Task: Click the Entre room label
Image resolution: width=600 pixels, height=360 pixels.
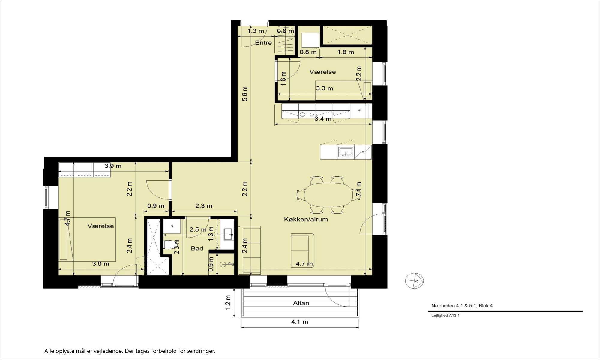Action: [263, 43]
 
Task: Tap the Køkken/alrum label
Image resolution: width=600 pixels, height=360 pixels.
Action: [306, 219]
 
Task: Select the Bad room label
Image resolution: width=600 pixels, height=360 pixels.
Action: [197, 248]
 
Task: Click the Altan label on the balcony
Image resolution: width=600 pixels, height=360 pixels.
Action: [301, 303]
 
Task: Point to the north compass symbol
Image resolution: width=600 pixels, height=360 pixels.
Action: [414, 281]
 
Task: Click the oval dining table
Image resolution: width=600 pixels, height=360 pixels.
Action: [329, 195]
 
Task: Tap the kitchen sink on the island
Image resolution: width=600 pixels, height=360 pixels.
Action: [346, 152]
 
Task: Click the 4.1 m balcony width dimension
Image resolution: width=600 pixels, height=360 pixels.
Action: [300, 322]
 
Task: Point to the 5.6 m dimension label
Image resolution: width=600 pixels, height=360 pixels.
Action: [245, 94]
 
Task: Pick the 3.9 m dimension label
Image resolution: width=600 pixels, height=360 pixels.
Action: [113, 166]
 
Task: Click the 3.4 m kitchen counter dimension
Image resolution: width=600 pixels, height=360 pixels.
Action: [323, 119]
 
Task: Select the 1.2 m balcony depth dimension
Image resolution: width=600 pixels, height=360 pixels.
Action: [228, 302]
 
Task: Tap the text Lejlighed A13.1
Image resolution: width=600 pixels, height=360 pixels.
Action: [445, 315]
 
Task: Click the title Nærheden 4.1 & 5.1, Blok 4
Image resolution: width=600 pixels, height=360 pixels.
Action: [462, 306]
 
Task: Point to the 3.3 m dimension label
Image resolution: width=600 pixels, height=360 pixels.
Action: [325, 88]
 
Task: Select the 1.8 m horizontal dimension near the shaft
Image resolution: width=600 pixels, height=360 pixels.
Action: [346, 52]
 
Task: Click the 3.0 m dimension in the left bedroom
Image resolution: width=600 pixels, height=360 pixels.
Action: [100, 264]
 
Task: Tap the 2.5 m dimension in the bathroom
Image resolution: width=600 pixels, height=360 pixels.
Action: [198, 229]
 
